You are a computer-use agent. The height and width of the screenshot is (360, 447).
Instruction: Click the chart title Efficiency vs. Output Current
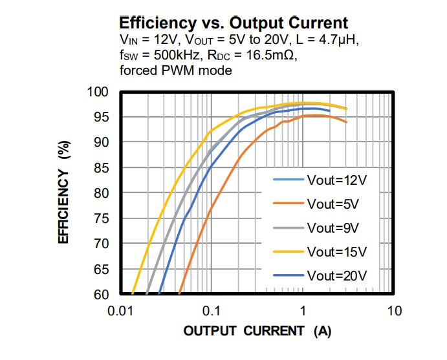click(x=234, y=23)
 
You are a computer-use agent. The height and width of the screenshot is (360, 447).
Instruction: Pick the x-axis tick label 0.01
click(x=120, y=311)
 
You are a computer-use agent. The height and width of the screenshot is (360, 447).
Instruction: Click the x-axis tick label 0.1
click(x=212, y=311)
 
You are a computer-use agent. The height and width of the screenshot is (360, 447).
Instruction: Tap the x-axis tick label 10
click(x=394, y=311)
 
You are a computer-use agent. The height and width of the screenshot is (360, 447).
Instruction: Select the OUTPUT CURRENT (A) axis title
click(x=257, y=332)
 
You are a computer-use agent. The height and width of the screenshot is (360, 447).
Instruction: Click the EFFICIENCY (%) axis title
click(x=64, y=193)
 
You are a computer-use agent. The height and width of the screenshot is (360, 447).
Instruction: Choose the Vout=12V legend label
click(x=336, y=180)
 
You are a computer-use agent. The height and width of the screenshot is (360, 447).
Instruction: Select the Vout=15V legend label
click(x=336, y=251)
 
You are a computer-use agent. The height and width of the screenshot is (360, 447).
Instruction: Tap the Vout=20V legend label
click(x=336, y=275)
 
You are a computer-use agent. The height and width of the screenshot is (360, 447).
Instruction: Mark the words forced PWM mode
click(x=175, y=70)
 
